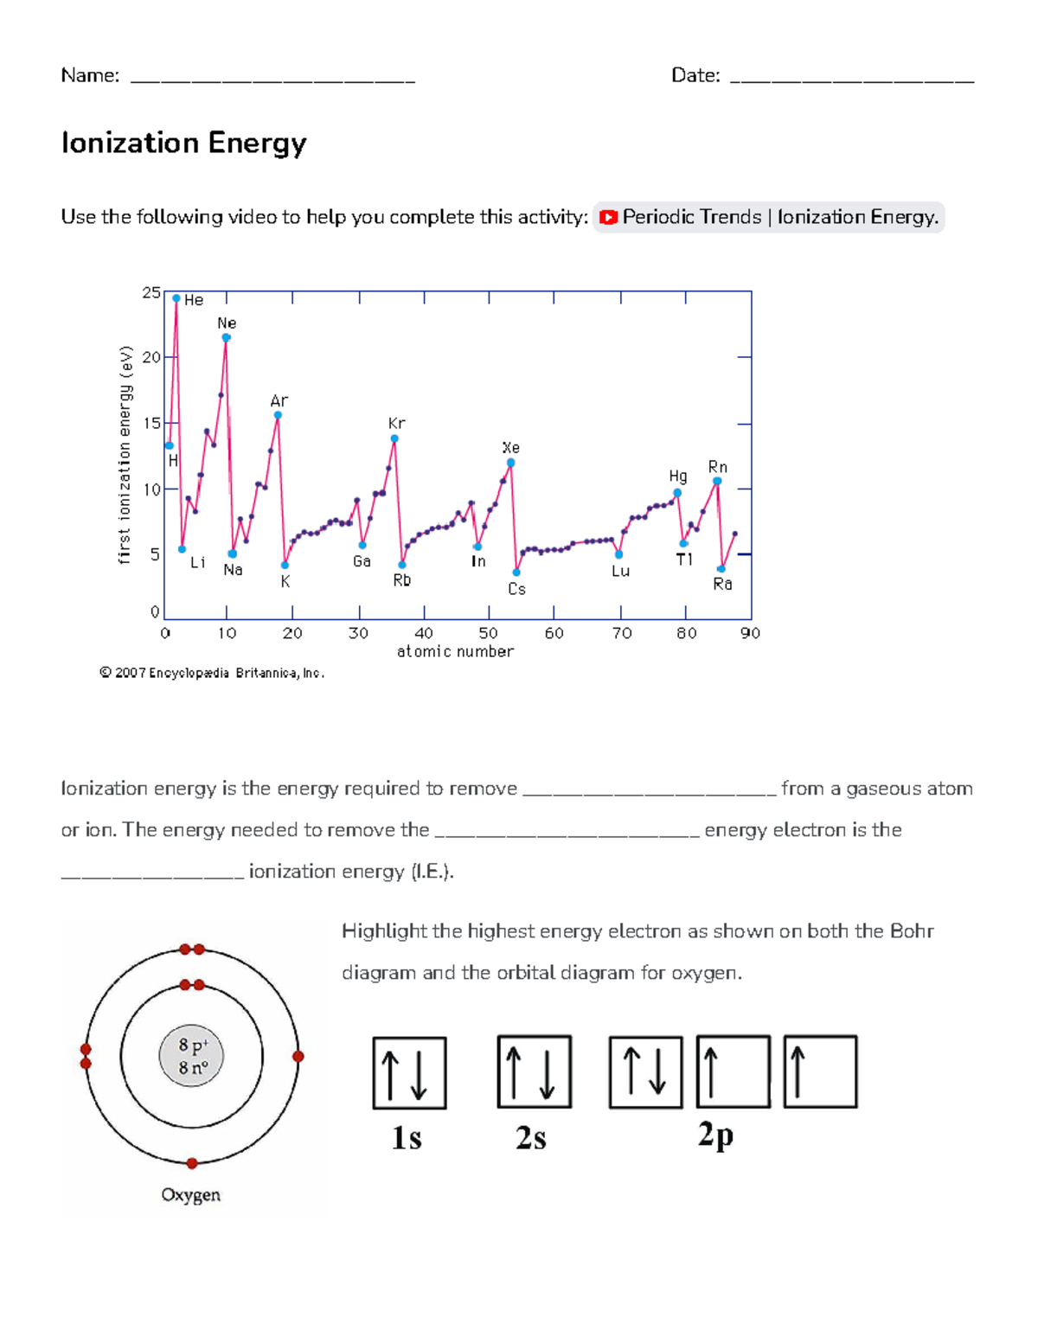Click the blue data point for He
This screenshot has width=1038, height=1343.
176,298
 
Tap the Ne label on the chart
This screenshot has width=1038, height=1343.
227,323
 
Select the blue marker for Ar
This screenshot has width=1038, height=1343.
278,415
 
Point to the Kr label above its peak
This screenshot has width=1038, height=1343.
396,424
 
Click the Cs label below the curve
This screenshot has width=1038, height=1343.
516,589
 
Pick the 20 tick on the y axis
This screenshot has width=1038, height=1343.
152,357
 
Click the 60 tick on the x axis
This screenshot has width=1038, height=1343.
554,633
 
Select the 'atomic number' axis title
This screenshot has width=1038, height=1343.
455,651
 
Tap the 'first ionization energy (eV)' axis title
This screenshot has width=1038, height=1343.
125,455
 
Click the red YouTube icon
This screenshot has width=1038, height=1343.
608,217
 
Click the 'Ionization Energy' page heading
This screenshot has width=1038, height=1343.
183,143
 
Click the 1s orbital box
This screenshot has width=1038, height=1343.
409,1073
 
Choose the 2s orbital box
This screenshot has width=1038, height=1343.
534,1071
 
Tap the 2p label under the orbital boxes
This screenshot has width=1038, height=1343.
716,1135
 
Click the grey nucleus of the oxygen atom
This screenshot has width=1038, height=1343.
191,1056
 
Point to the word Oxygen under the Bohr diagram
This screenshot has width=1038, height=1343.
190,1195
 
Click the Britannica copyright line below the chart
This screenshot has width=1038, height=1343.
212,673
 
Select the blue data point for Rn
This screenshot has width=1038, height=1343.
717,481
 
